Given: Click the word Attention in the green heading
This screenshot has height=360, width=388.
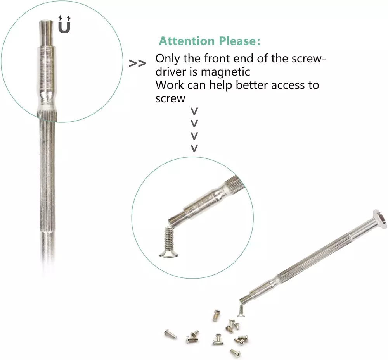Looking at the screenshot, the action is point(187,41).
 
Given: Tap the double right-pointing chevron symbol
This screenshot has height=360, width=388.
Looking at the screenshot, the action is point(137,64).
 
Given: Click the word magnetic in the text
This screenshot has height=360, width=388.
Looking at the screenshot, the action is point(225,72).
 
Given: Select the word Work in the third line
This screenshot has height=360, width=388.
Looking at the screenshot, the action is point(170,85).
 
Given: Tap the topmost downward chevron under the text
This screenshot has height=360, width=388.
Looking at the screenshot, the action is point(194,111).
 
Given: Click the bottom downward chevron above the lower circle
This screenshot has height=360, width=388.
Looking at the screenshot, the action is point(194,148).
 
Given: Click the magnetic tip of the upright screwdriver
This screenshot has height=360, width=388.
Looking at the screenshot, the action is point(46,32).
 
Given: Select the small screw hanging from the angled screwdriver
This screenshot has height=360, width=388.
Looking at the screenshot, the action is point(241,310).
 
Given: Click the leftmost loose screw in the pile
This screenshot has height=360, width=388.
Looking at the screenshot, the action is point(170,334).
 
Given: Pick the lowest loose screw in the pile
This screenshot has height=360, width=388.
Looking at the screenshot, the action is point(236,353).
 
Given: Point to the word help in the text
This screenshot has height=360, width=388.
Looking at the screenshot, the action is point(221,85).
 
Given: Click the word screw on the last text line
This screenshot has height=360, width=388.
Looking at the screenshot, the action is point(170,98).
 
